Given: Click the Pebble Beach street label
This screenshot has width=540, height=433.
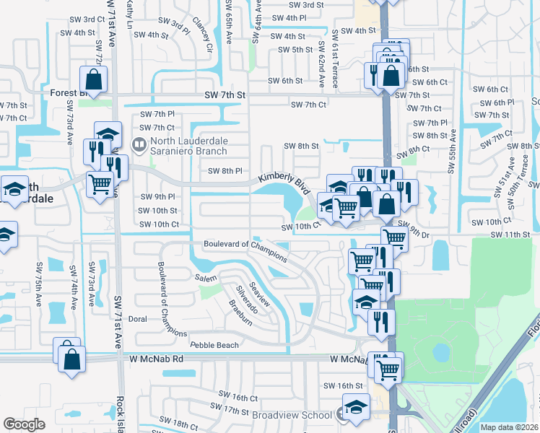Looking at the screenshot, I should [214, 345].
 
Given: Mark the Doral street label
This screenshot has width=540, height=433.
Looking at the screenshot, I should [137, 318].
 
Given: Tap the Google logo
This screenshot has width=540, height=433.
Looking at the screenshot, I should [24, 424].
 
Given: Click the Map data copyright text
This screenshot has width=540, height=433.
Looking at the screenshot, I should [509, 427].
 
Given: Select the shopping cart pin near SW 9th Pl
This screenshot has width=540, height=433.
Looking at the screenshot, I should [99, 184].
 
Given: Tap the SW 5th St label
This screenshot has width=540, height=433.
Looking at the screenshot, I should [296, 50].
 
